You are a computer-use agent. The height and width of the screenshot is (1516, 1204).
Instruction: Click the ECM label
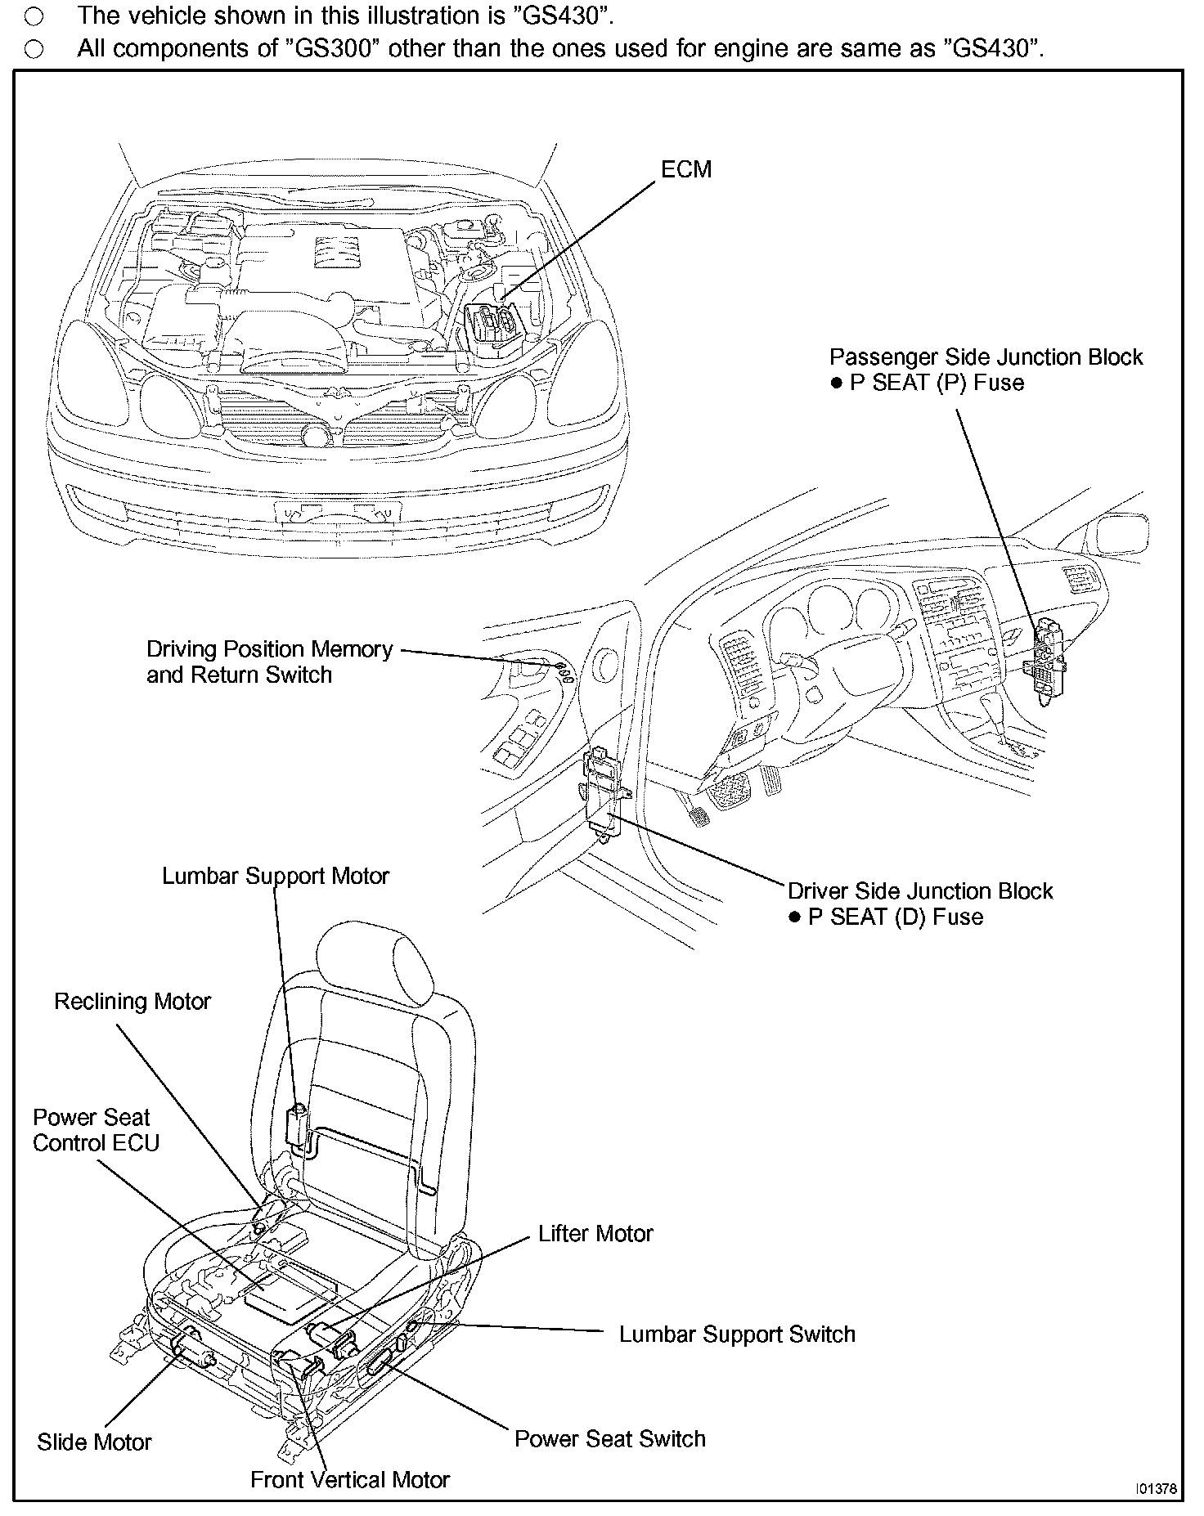point(686,169)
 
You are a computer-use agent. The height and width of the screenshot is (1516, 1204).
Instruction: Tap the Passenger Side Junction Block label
point(986,357)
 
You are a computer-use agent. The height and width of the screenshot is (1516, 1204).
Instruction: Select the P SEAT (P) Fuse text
point(937,383)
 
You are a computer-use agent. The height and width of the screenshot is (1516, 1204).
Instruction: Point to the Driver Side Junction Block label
point(920,890)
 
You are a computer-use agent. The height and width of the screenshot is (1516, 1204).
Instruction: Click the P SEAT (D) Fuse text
point(895,917)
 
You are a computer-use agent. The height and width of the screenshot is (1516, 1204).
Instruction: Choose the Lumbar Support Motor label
point(276,876)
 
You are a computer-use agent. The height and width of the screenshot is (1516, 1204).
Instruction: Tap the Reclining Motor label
point(133,1002)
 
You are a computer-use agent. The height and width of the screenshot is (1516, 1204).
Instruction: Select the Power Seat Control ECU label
point(95,1130)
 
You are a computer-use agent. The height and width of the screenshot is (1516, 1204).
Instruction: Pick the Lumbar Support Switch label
point(737,1334)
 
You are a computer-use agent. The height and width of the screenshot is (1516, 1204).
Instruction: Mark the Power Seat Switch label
point(609,1438)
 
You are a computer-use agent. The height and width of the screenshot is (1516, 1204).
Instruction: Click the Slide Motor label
point(94,1442)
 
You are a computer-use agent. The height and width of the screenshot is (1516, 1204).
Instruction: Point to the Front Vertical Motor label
point(350,1479)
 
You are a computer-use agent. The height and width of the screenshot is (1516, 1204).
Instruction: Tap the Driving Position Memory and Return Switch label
point(269,662)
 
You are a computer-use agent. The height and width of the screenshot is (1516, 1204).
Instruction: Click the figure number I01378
point(1156,1488)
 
